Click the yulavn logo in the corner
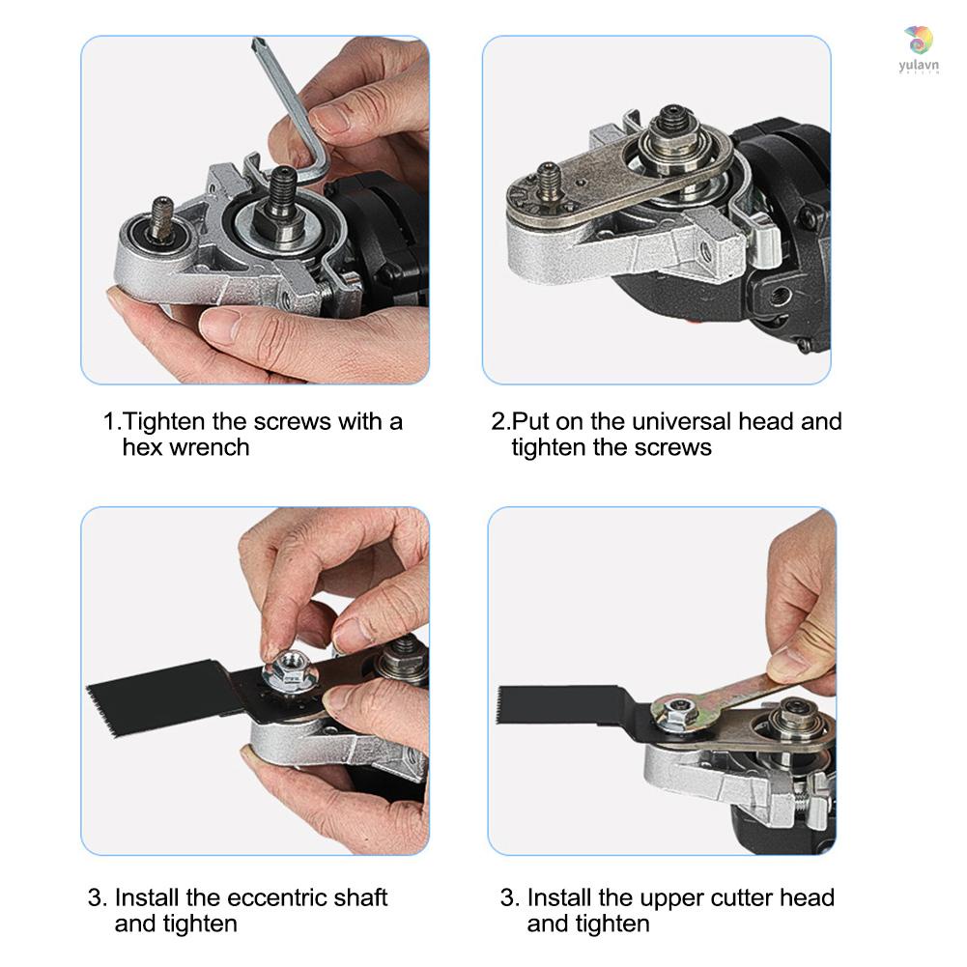tap(917, 50)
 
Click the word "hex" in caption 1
tap(142, 447)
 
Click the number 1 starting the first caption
tap(110, 422)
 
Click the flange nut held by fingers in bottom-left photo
tap(287, 666)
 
